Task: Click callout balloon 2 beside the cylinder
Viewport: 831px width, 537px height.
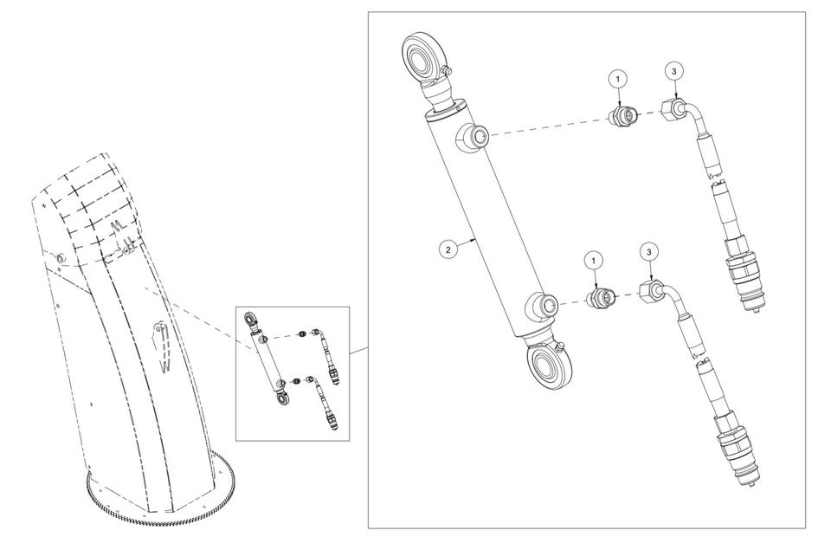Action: [448, 249]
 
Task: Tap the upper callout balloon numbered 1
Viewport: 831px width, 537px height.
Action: [617, 79]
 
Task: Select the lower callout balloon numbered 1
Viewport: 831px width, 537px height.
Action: [594, 261]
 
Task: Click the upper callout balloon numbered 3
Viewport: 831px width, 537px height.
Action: [674, 70]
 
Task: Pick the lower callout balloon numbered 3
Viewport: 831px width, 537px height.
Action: [649, 251]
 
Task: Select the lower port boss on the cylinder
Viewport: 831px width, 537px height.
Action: [542, 307]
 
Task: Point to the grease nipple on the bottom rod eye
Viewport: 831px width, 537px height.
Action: [561, 348]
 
